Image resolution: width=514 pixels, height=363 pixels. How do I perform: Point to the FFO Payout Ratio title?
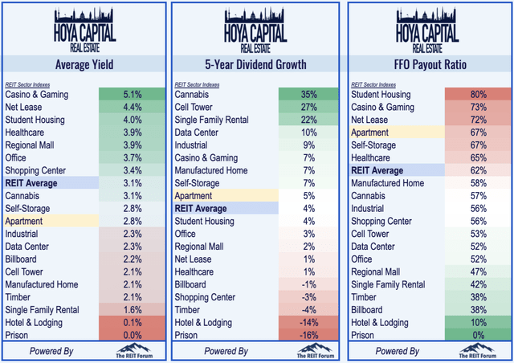tap(426, 64)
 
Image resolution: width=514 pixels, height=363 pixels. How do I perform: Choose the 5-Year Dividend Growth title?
tap(255, 64)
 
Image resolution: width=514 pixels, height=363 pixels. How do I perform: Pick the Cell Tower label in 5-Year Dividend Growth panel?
tap(198, 107)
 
